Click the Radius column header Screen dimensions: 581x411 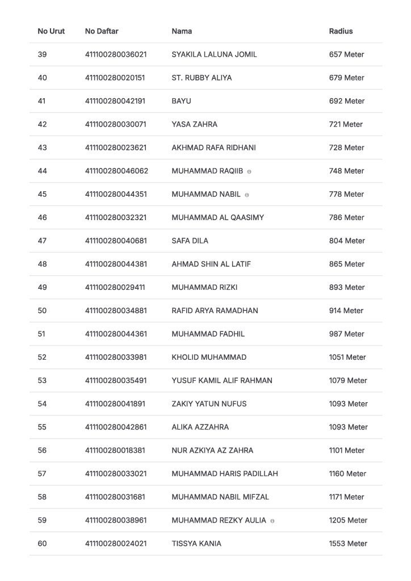[x=341, y=31]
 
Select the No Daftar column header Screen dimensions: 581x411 [x=102, y=31]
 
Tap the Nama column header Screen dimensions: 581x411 [x=182, y=31]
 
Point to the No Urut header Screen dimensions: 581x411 [x=51, y=31]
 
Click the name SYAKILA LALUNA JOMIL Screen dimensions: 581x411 [x=214, y=54]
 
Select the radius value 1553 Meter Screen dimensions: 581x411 [x=348, y=544]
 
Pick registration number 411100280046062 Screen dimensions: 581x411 [x=116, y=171]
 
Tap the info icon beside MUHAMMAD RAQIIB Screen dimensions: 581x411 [x=249, y=171]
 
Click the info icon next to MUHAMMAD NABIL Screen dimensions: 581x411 [x=247, y=195]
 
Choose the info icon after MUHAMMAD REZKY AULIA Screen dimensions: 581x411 [x=272, y=521]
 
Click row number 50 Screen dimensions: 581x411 [x=42, y=310]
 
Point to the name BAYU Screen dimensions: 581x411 [x=181, y=101]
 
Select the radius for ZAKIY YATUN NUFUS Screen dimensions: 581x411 [x=348, y=404]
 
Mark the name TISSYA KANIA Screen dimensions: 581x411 [x=196, y=544]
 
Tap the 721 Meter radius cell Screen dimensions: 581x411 [x=346, y=124]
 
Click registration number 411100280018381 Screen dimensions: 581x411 [x=115, y=451]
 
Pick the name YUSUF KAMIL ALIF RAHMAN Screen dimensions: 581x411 [x=221, y=381]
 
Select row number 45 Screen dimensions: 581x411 [x=42, y=194]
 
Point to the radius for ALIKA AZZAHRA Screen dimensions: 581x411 [x=348, y=427]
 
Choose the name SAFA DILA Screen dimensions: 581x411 [x=190, y=241]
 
